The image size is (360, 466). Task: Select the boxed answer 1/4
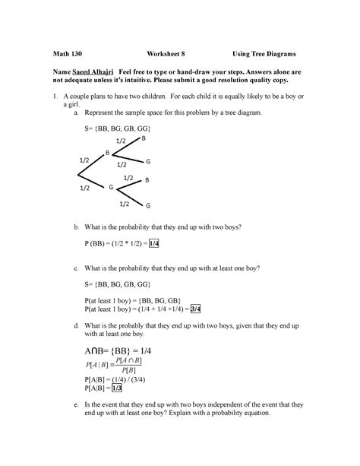pos(154,243)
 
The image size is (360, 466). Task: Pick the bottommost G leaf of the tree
pos(148,205)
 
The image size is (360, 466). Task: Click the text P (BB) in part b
pos(94,243)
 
